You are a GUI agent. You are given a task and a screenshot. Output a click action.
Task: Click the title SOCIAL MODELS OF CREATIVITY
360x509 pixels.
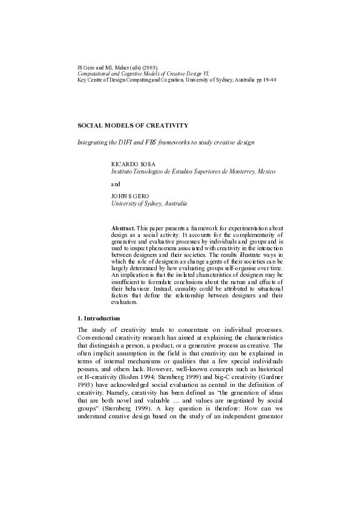tap(133, 125)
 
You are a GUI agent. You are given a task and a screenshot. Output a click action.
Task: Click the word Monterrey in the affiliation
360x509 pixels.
tap(240, 172)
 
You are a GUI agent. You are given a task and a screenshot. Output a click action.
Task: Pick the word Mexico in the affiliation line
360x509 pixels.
tap(266, 172)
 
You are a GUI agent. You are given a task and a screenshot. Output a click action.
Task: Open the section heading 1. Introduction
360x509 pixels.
tap(99, 318)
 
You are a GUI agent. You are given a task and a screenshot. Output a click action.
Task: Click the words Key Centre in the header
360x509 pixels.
tap(90, 80)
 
